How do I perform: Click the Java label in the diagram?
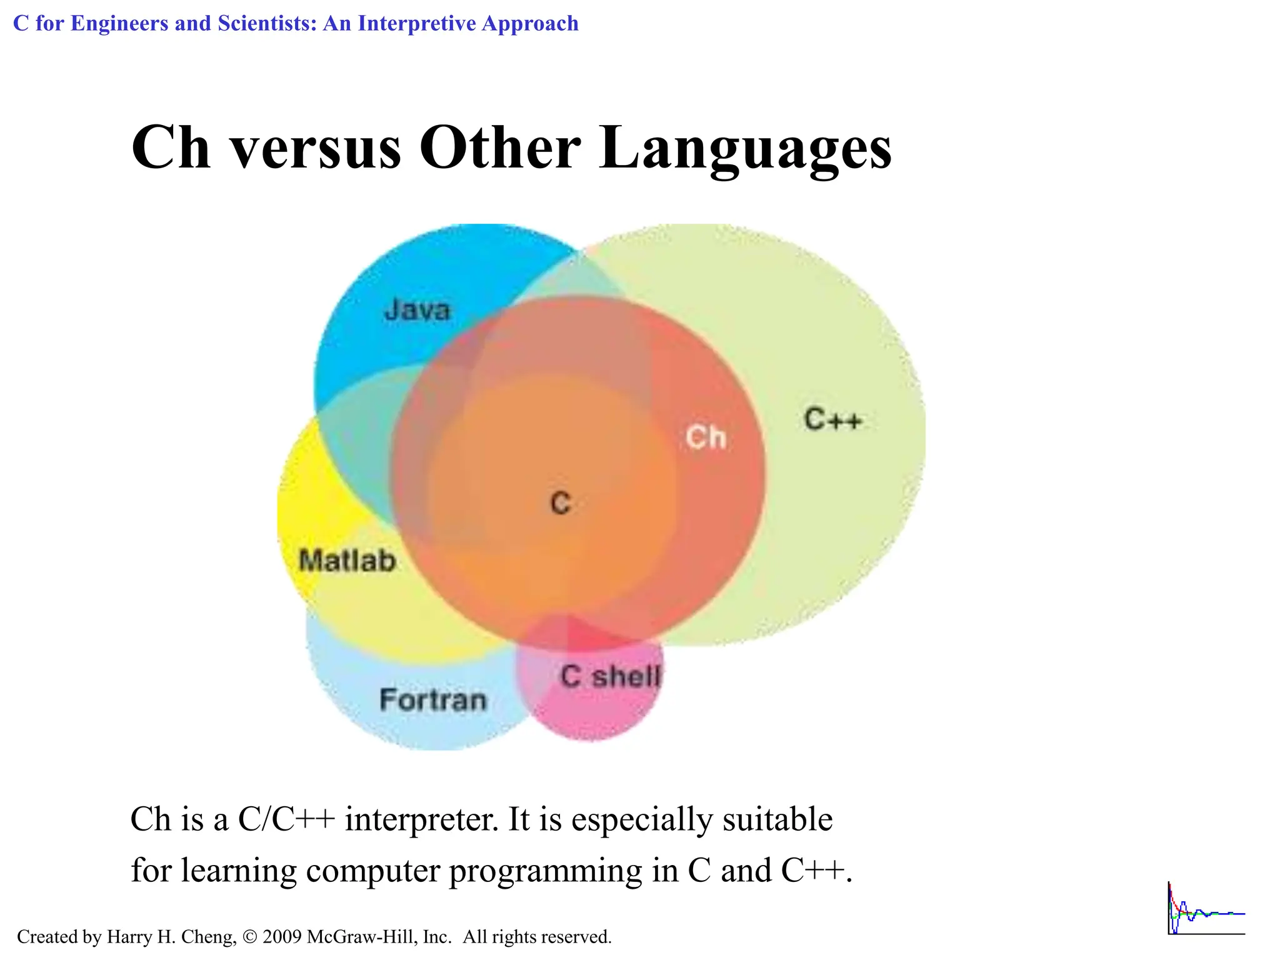pos(417,310)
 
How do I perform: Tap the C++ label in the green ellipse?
pos(832,419)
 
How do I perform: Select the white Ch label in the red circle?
pos(706,437)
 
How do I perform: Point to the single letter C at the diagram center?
pos(560,503)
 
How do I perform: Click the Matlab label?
pos(347,561)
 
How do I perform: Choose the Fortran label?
pos(432,700)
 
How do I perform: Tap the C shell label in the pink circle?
pos(609,676)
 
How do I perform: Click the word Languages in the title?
pos(745,149)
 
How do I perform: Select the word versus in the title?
pos(316,149)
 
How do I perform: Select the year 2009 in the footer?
pos(282,937)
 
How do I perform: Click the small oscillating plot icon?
pos(1206,909)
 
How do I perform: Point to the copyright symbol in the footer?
pos(249,937)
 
